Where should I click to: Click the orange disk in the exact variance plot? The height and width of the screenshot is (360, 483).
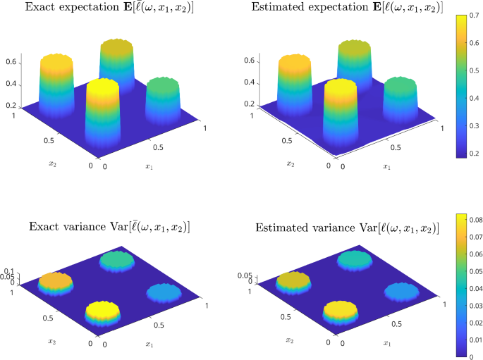tap(54, 283)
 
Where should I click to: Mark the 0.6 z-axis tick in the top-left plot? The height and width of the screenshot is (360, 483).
tap(10, 62)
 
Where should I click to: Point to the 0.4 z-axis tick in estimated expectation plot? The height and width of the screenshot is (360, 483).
tap(249, 83)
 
